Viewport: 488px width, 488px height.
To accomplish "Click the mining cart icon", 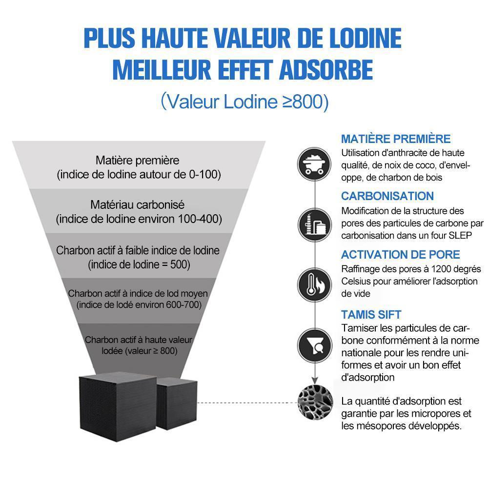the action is pos(314,164).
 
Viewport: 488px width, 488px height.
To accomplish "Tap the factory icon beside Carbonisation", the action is pos(315,224).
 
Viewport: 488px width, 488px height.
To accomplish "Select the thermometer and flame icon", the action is pos(315,285).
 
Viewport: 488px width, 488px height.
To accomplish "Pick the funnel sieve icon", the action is pos(315,345).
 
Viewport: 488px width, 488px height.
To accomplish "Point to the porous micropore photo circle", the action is pos(315,403).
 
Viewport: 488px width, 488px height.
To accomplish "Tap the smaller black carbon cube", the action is pos(177,404).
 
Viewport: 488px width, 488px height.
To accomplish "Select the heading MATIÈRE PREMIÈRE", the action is pos(396,139).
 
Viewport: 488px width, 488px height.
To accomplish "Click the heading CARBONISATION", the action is pos(387,196).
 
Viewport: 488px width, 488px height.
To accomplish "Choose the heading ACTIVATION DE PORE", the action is pos(400,255).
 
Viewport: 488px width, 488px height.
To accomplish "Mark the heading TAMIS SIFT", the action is pos(371,314).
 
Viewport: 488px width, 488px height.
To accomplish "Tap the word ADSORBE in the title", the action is pos(326,70).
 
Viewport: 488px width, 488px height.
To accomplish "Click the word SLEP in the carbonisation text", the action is pos(460,235).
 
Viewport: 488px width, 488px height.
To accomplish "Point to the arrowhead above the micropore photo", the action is pos(315,380).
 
